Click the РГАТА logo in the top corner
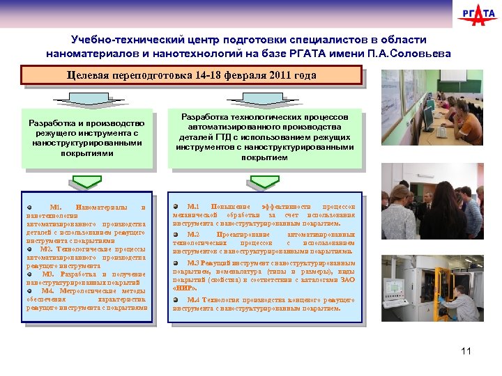(x=478, y=15)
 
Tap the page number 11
(x=466, y=350)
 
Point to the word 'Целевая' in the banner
(x=89, y=75)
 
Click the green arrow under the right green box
(x=264, y=182)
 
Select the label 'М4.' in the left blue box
(x=50, y=291)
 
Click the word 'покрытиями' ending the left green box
(x=86, y=153)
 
